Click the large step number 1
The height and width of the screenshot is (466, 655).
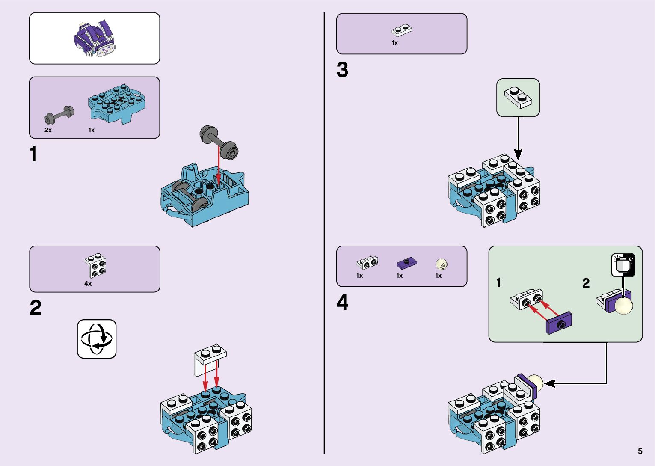[33, 154]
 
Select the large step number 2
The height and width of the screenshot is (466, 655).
[36, 308]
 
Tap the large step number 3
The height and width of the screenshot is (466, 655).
[342, 70]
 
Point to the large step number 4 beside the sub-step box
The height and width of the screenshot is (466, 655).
[342, 303]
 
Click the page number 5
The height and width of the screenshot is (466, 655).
[640, 451]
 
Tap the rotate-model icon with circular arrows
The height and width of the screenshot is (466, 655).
[97, 339]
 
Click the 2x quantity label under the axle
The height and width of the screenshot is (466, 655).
[48, 130]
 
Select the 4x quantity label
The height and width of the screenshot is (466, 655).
[88, 284]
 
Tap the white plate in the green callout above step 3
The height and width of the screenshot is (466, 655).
[518, 97]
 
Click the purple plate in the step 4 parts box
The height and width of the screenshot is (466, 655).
[406, 263]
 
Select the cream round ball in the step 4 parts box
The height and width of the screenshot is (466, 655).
[442, 264]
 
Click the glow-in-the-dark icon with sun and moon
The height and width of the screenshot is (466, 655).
[623, 265]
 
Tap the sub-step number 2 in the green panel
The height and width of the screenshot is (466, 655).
[586, 283]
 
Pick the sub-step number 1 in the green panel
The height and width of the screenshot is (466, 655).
[498, 283]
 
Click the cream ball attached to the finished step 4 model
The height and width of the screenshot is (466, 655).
[536, 383]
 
